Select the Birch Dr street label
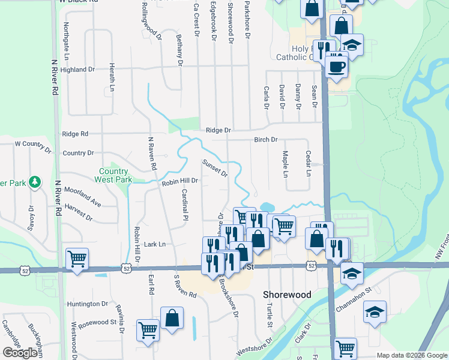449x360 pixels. tap(266, 139)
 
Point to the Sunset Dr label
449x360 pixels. tap(215, 169)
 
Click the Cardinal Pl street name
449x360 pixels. tap(185, 205)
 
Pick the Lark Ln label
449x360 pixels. tap(155, 244)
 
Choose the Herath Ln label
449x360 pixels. tap(112, 77)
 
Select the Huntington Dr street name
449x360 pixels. tap(88, 304)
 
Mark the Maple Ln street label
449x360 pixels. tap(286, 164)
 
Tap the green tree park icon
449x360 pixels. tap(35, 181)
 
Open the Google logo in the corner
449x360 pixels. tap(20, 352)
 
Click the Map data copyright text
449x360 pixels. tap(412, 355)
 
